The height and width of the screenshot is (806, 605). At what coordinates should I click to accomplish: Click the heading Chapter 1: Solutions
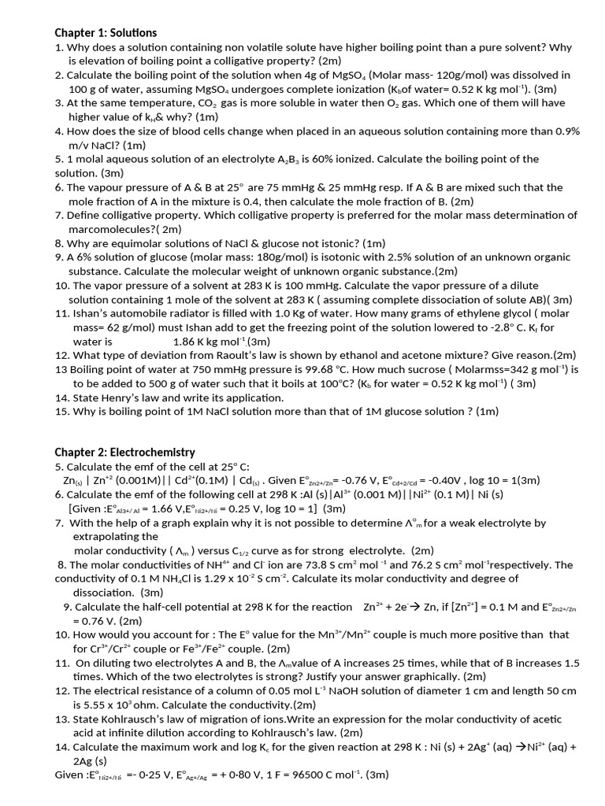click(x=106, y=33)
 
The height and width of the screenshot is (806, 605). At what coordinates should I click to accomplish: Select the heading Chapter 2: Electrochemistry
click(x=124, y=452)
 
